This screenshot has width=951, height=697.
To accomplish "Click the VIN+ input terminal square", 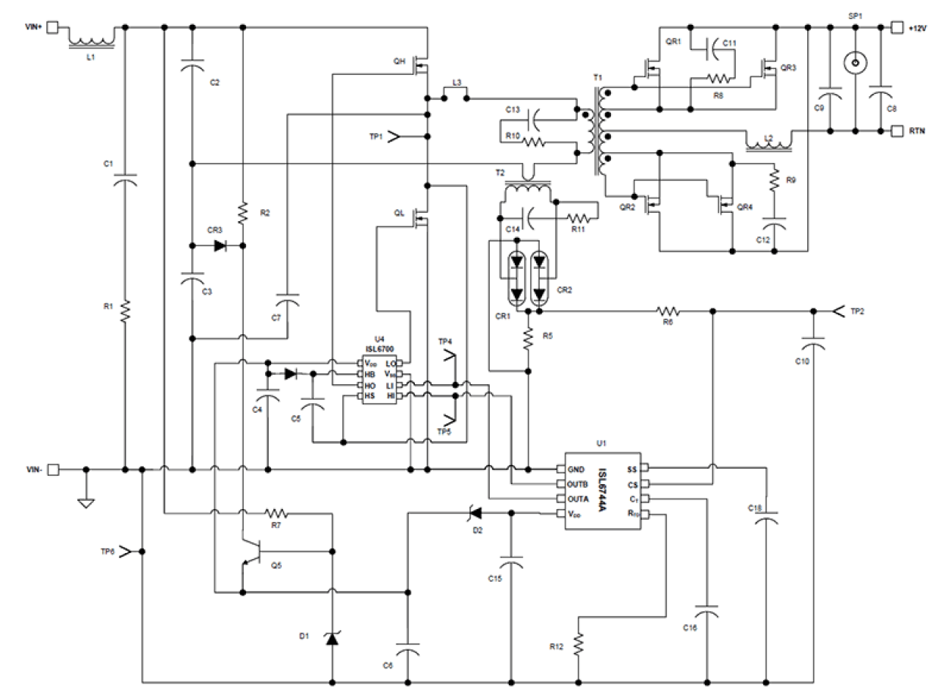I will (x=53, y=27).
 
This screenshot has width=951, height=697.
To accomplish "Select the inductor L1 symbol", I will (x=92, y=38).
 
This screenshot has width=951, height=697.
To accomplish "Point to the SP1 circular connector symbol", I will (x=855, y=63).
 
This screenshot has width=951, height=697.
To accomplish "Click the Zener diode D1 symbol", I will (x=332, y=639).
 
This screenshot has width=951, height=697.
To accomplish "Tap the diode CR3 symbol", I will (x=220, y=246).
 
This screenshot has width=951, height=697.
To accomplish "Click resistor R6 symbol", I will (x=669, y=311).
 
